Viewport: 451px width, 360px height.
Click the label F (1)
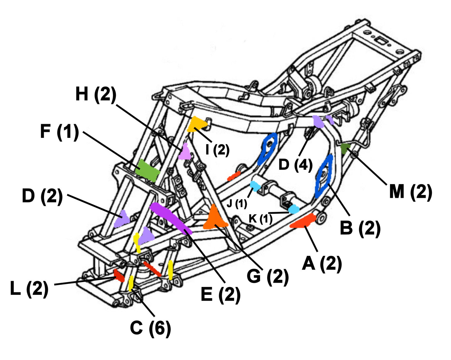[x=59, y=132]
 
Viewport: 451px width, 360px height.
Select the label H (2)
[x=96, y=94]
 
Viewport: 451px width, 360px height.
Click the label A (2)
[x=322, y=264]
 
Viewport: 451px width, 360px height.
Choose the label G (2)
[x=267, y=276]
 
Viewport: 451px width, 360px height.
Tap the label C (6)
[x=150, y=328]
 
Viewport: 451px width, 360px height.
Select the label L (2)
[x=29, y=288]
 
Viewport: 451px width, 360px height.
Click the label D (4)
[x=295, y=164]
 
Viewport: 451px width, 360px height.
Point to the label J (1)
[x=237, y=204]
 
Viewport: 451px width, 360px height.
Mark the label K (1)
[x=261, y=219]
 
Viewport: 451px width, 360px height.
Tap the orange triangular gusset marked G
[x=215, y=218]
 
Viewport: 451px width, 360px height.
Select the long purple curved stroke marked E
[x=170, y=217]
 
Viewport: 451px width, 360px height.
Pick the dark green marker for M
[x=345, y=148]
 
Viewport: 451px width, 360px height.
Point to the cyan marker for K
[x=294, y=209]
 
